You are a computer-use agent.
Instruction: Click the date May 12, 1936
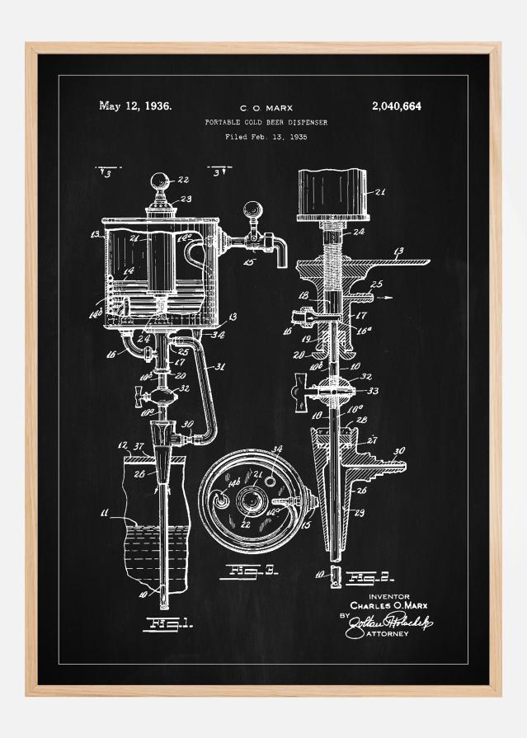[x=135, y=106]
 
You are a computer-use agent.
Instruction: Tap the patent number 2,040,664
[x=397, y=106]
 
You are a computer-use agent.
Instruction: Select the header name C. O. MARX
[x=266, y=107]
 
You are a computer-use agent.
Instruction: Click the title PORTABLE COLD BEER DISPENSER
[x=266, y=122]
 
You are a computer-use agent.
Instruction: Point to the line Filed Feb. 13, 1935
[x=266, y=137]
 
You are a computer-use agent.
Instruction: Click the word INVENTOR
[x=388, y=595]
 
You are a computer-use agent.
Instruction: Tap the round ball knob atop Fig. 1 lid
[x=159, y=181]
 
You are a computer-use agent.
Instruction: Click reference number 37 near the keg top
[x=139, y=447]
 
